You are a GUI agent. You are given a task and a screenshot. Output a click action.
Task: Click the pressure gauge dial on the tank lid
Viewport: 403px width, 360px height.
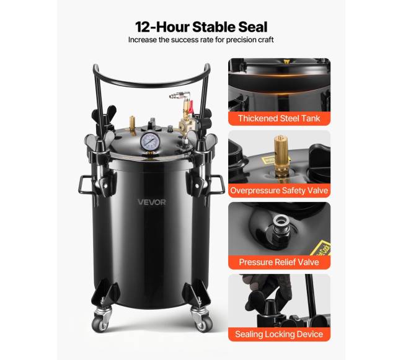(151, 141)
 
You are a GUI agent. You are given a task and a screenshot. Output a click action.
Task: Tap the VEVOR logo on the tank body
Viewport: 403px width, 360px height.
(152, 202)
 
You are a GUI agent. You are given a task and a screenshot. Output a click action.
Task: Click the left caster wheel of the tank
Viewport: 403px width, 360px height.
(100, 324)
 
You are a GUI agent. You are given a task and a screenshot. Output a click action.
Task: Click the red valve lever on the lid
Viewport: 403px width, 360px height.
(190, 107)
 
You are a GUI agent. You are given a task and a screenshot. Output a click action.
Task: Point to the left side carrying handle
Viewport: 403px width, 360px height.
(85, 185)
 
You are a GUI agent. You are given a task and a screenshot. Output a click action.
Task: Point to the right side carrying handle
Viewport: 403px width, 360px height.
(218, 184)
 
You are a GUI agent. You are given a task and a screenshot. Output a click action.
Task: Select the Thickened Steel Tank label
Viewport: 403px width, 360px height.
(279, 118)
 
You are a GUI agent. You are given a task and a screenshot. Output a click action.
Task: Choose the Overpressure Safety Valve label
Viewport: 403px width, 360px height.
(279, 190)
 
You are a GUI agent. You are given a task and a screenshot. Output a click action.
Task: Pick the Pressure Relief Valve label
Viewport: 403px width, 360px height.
(279, 262)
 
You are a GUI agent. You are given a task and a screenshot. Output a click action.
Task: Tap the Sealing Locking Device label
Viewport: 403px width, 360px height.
(279, 334)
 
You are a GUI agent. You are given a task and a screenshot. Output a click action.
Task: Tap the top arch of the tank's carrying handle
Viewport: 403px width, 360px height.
(152, 82)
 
